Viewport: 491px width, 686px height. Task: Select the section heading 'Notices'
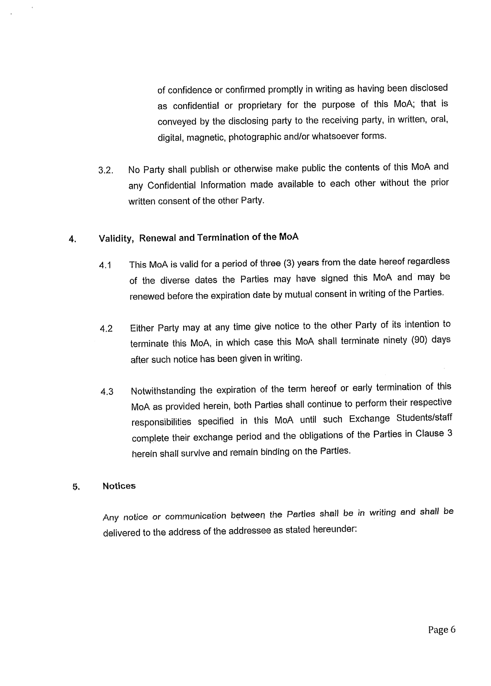[119, 486]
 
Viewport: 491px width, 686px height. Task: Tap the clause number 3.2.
[106, 170]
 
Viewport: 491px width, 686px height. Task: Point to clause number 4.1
[105, 266]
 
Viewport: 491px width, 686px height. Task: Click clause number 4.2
[106, 329]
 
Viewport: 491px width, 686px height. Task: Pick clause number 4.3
[107, 392]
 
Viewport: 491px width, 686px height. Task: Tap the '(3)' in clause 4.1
[289, 263]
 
